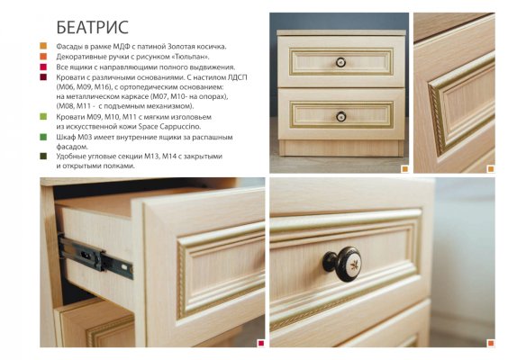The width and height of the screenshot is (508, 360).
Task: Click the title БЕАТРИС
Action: coord(93,27)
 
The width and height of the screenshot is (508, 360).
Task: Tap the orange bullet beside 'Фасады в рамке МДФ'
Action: coord(43,46)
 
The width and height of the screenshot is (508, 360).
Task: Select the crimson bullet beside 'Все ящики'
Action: coord(43,67)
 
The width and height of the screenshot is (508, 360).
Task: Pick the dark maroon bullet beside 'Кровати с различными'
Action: coord(43,77)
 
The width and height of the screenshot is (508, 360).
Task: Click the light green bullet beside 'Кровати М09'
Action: coord(43,116)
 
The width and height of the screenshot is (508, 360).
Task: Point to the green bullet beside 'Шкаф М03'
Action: coord(43,137)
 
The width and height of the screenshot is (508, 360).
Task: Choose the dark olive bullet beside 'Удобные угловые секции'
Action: coord(43,157)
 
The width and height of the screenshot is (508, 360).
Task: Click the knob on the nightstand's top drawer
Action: coord(340,62)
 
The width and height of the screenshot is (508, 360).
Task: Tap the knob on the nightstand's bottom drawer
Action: coord(340,116)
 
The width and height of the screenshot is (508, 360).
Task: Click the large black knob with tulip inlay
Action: coord(342,264)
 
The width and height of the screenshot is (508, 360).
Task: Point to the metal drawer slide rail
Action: coord(95,256)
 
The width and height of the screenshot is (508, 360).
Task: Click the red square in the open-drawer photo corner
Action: coord(261,343)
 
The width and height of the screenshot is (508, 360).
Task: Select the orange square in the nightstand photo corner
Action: coord(405,169)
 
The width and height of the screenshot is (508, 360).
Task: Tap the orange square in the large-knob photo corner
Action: coord(491,343)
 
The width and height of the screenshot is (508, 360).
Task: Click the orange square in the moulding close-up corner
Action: coord(491,169)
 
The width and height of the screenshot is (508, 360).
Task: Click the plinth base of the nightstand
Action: coord(341,148)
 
